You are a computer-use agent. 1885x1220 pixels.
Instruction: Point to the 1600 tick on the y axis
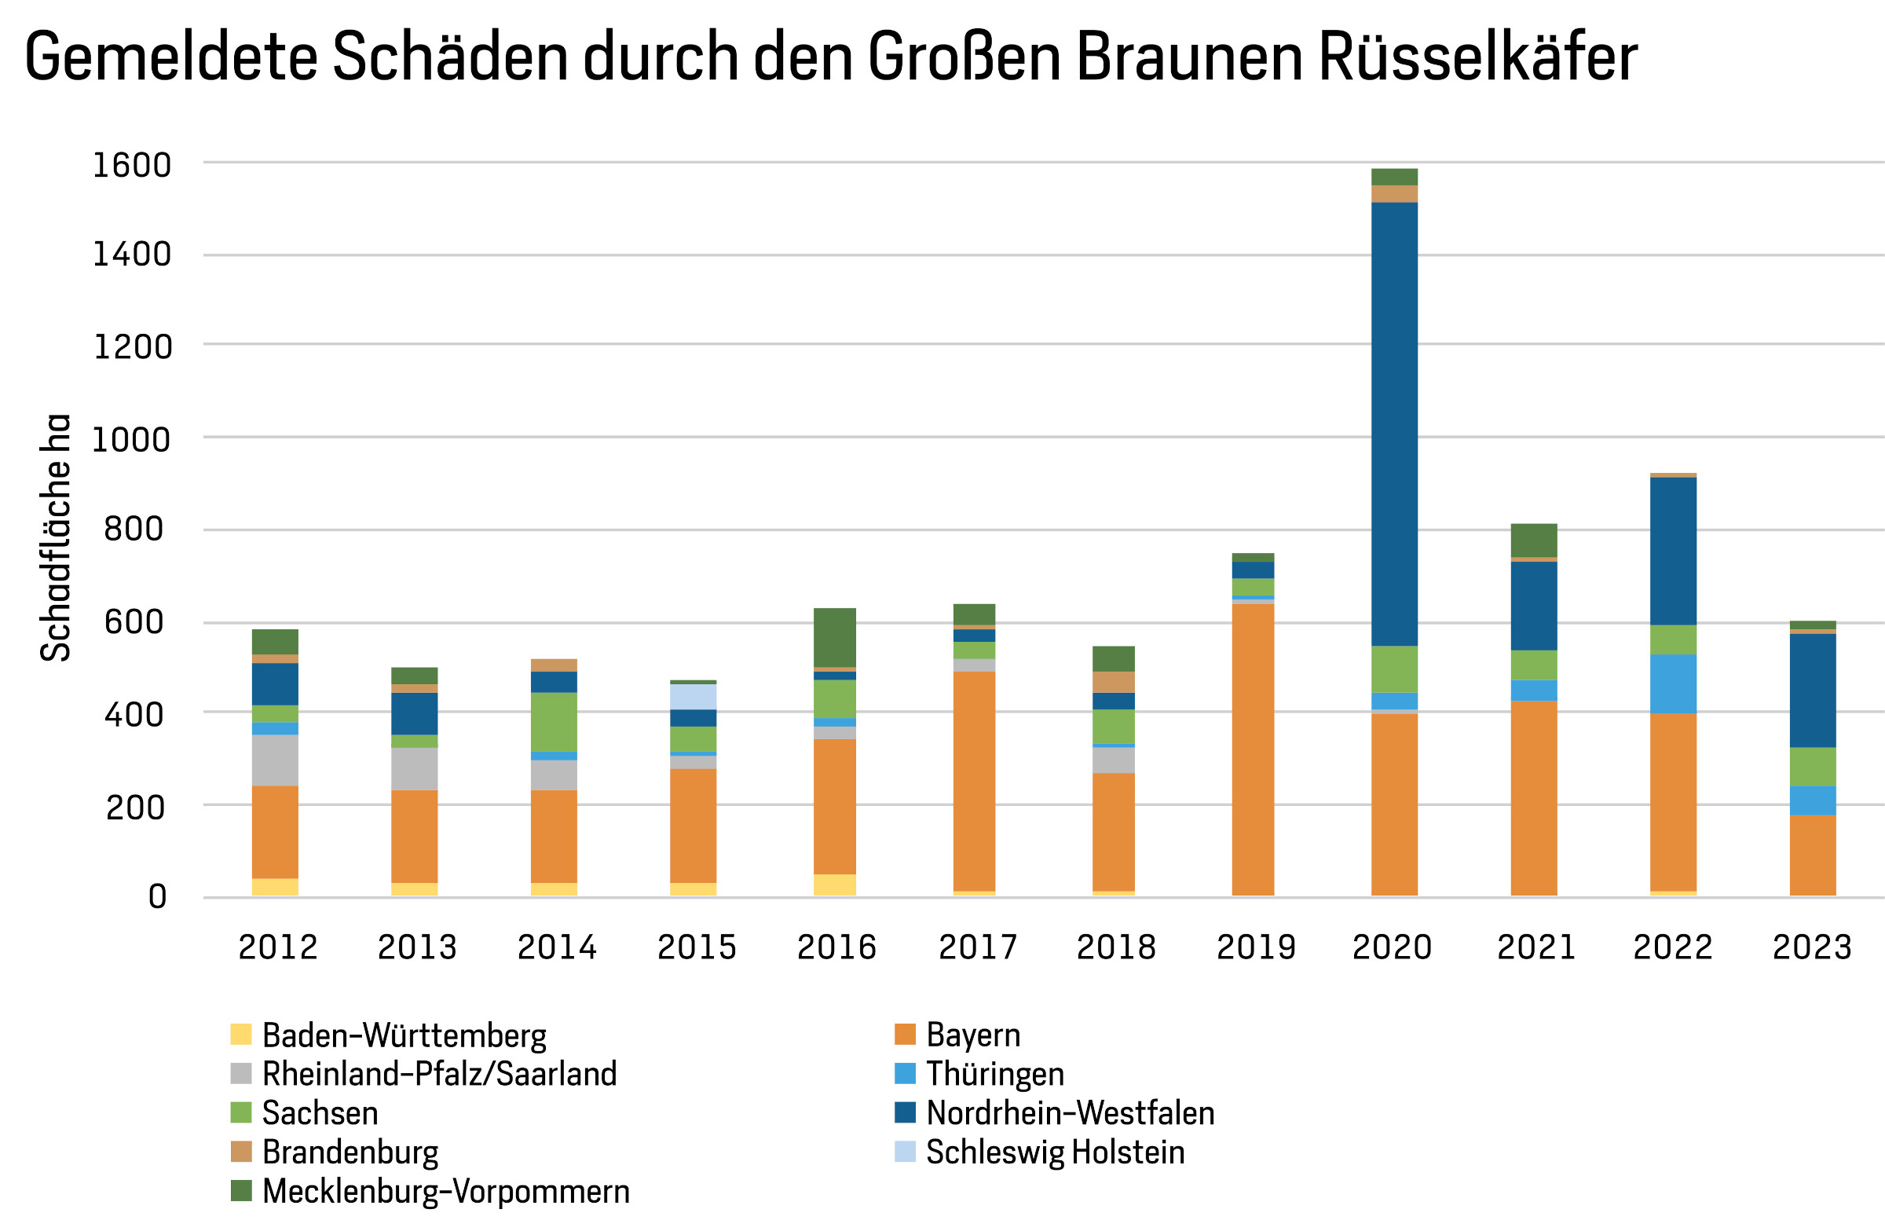tap(132, 165)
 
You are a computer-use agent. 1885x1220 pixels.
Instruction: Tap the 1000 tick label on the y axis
tap(131, 439)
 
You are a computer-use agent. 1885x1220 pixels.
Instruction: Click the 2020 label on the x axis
tap(1393, 947)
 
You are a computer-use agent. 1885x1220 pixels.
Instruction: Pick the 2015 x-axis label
tap(697, 947)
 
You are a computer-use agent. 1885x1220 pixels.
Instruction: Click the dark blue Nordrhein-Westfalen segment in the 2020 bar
tap(1395, 424)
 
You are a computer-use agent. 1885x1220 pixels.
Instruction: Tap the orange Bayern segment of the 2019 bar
tap(1253, 749)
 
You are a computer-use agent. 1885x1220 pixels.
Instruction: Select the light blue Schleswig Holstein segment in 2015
tap(693, 696)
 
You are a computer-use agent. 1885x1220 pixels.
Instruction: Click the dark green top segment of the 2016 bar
tap(835, 638)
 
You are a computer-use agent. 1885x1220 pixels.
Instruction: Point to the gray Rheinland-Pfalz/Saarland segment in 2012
tap(275, 760)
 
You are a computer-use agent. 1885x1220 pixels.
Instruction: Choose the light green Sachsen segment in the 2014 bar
tap(554, 722)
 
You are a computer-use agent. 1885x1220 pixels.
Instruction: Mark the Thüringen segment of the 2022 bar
tap(1674, 683)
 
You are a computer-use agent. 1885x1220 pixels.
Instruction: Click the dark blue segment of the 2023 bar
tap(1813, 690)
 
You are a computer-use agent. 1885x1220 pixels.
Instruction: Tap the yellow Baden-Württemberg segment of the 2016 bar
tap(835, 885)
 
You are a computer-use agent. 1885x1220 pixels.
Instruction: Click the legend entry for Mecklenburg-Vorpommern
tap(446, 1192)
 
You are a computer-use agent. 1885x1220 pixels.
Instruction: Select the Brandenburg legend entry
tap(350, 1152)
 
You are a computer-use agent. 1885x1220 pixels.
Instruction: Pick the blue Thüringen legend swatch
tap(906, 1073)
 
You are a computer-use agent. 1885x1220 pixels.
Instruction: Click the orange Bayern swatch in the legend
tap(906, 1035)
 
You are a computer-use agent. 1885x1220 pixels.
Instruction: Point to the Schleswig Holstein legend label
tap(1055, 1152)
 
